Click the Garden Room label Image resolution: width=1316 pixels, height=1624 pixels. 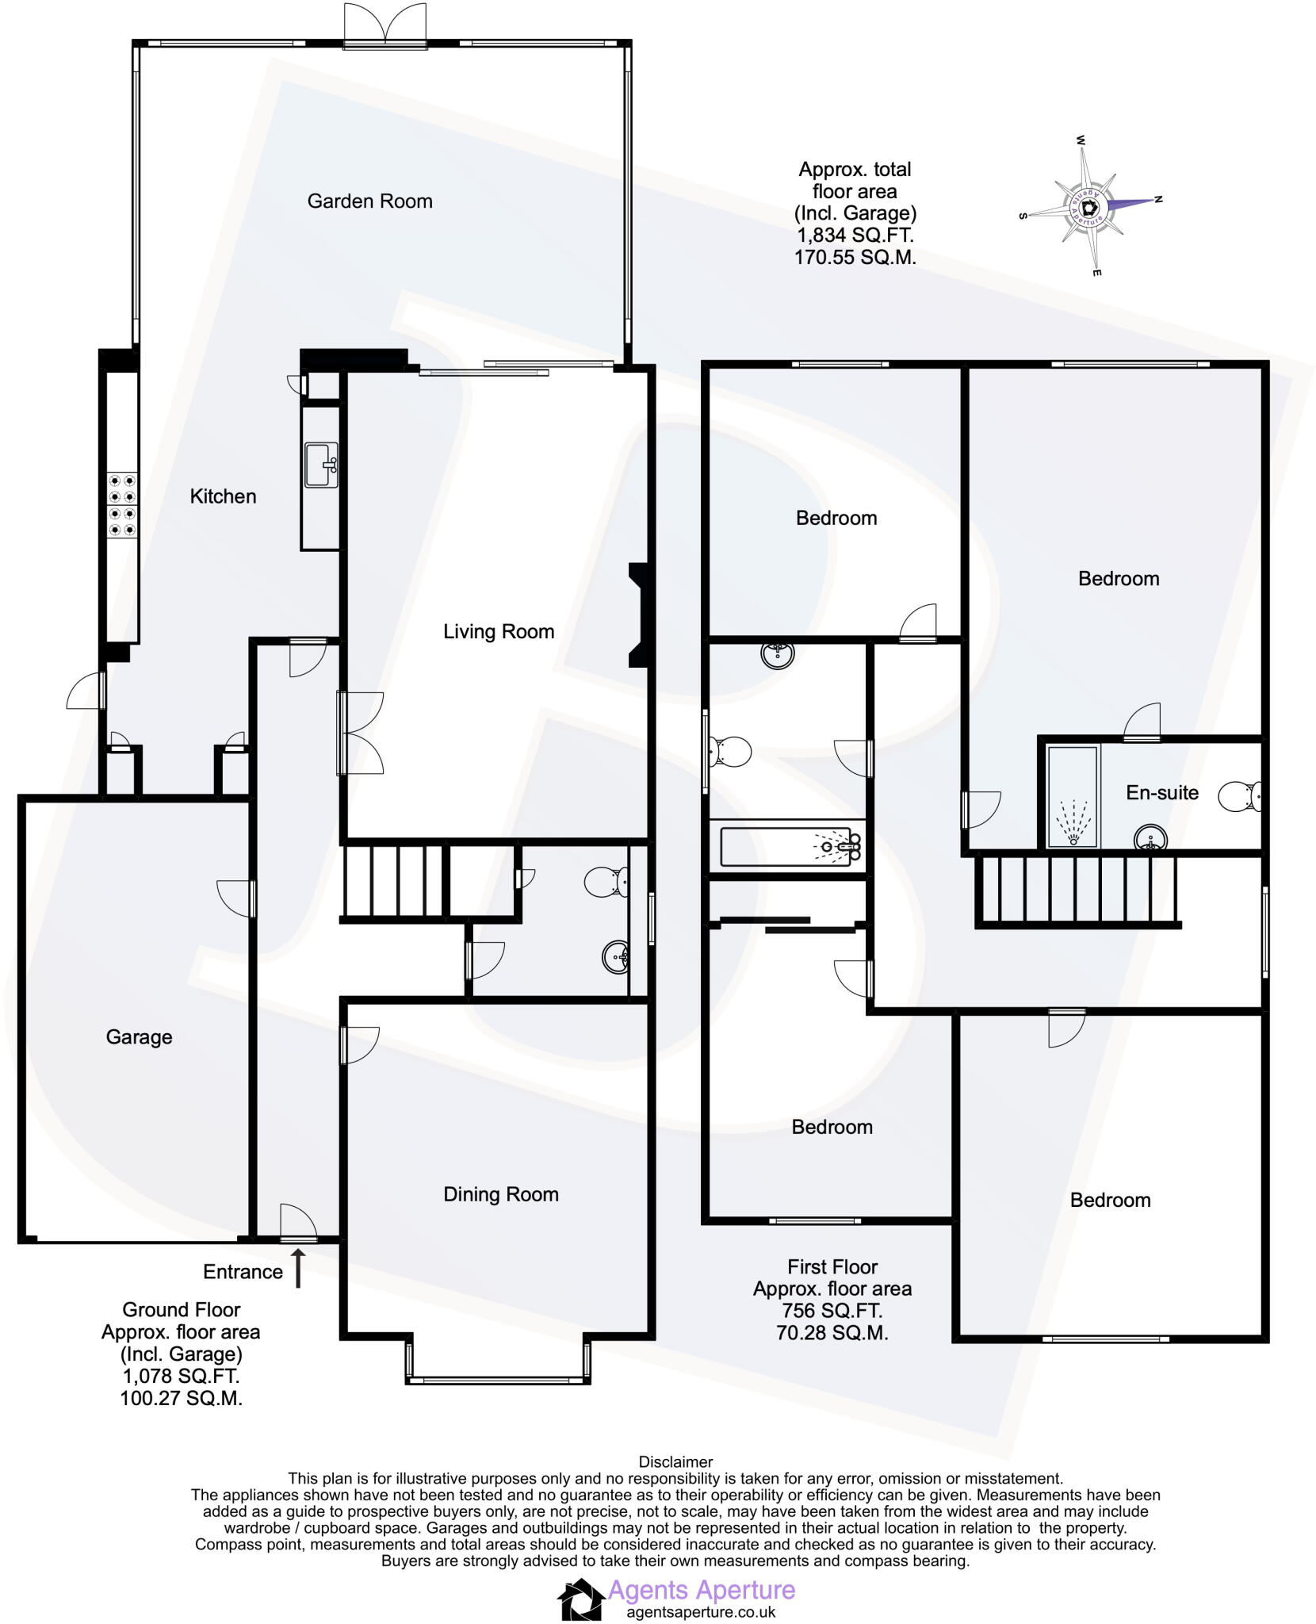[x=369, y=201]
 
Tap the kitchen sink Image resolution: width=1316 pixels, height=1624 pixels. [x=321, y=465]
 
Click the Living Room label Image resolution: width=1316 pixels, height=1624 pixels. [x=498, y=632]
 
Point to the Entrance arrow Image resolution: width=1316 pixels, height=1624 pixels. [x=299, y=1269]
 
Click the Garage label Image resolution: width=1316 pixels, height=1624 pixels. [x=139, y=1037]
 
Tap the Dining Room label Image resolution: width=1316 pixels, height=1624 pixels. [x=500, y=1194]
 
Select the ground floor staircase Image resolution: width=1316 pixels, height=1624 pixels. [x=392, y=881]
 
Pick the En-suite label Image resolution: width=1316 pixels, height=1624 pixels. [x=1161, y=792]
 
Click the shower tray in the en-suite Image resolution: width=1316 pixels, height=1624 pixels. [x=1073, y=797]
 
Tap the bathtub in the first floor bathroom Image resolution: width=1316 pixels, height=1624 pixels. [x=789, y=847]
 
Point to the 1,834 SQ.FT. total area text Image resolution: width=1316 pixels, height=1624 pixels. [x=855, y=236]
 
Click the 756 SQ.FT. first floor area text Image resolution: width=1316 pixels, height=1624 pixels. [x=832, y=1311]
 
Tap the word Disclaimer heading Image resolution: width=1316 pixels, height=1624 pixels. [x=675, y=1461]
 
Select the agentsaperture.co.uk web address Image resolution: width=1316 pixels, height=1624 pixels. [x=701, y=1612]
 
